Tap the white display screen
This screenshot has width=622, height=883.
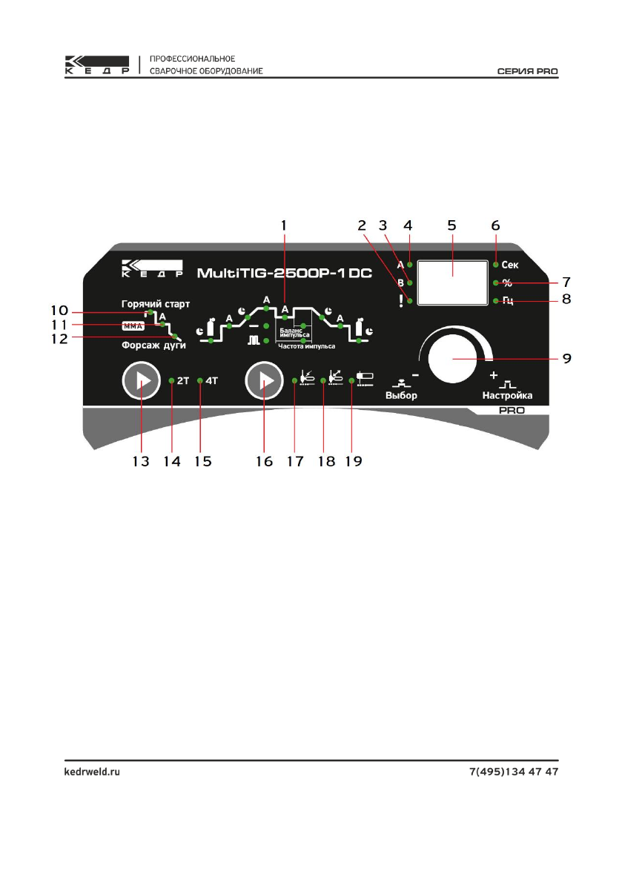coord(452,282)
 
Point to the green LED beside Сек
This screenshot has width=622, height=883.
coord(495,264)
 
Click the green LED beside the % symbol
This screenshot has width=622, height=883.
coord(495,282)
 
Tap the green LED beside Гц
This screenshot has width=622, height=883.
coord(495,300)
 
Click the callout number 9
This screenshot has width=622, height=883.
coord(566,359)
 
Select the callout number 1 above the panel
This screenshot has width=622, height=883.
coord(285,222)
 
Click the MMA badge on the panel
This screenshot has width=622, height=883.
coord(133,325)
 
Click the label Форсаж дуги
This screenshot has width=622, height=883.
coord(154,345)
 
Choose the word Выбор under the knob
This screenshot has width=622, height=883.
coord(401,395)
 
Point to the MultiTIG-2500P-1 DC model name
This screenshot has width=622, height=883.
coord(284,274)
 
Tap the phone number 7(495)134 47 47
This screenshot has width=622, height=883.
coord(514,772)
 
